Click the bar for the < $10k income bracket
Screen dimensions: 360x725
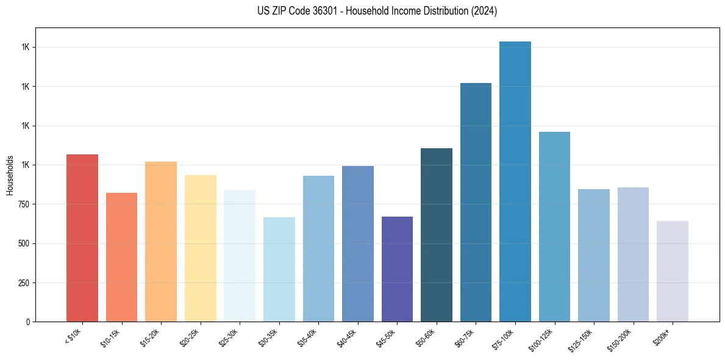click(x=82, y=238)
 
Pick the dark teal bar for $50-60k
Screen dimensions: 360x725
click(x=437, y=235)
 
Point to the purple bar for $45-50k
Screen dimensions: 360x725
click(x=397, y=269)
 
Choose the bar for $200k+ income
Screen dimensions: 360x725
click(x=673, y=272)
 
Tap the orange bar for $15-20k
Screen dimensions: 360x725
click(x=161, y=242)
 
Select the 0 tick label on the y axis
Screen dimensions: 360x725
click(x=27, y=322)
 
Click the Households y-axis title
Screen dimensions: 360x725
click(x=10, y=175)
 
